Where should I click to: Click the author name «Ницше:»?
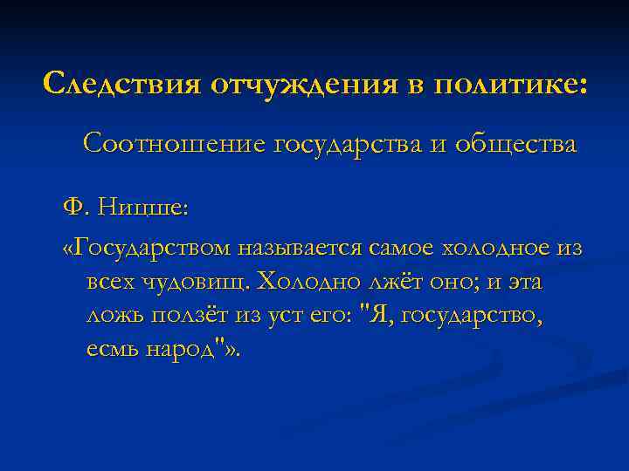coord(142,208)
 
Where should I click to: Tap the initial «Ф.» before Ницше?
coord(75,208)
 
